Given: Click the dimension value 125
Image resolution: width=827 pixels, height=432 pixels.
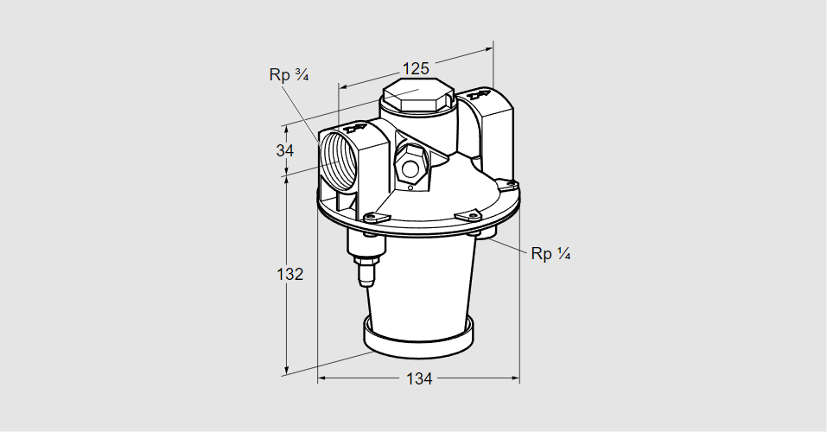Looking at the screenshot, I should coord(417,68).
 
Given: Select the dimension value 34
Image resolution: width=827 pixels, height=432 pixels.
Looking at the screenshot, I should coord(285,150).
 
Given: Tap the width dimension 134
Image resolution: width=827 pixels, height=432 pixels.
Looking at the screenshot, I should coord(419,378).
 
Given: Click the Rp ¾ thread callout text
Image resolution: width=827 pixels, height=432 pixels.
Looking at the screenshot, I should coord(289,75).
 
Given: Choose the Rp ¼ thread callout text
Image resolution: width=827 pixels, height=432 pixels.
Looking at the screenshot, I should coord(550,253).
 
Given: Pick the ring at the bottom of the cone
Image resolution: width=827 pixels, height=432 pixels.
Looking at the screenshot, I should coord(419,337).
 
